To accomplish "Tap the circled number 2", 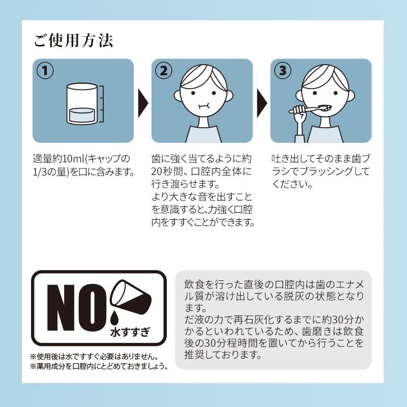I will tap(164, 71).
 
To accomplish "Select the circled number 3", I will tap(282, 71).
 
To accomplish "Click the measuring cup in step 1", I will tap(83, 104).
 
